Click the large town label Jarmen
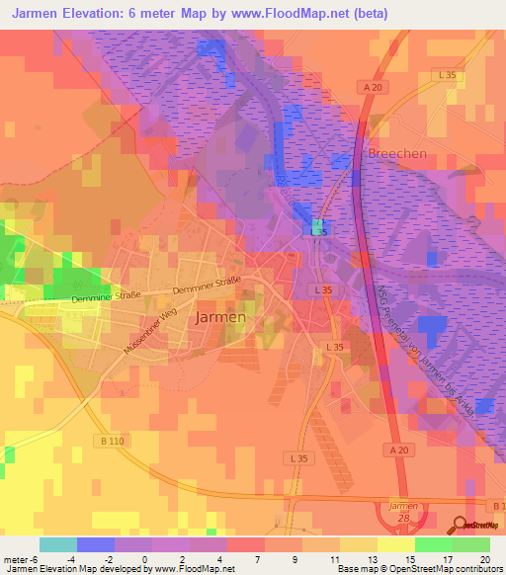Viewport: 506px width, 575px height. coord(220,318)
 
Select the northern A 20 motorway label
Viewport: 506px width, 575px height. coord(372,87)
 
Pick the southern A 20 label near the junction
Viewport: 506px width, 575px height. coord(397,450)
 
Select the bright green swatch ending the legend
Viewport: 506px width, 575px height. coord(471,544)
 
